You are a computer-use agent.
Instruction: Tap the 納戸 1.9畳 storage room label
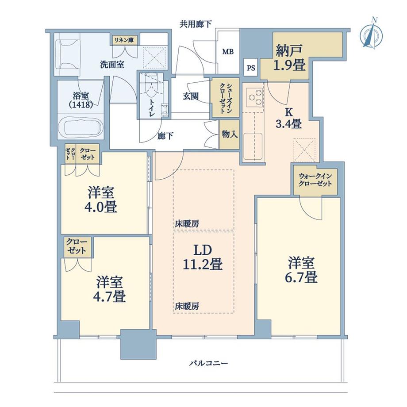coord(290,58)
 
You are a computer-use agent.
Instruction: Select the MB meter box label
coord(228,52)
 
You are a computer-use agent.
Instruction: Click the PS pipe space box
coord(251,68)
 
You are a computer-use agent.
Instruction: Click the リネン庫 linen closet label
coord(124,40)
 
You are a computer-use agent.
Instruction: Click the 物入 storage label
coord(229,134)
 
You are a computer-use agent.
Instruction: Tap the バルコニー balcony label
coord(208,363)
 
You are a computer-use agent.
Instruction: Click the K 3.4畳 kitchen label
coord(290,118)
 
